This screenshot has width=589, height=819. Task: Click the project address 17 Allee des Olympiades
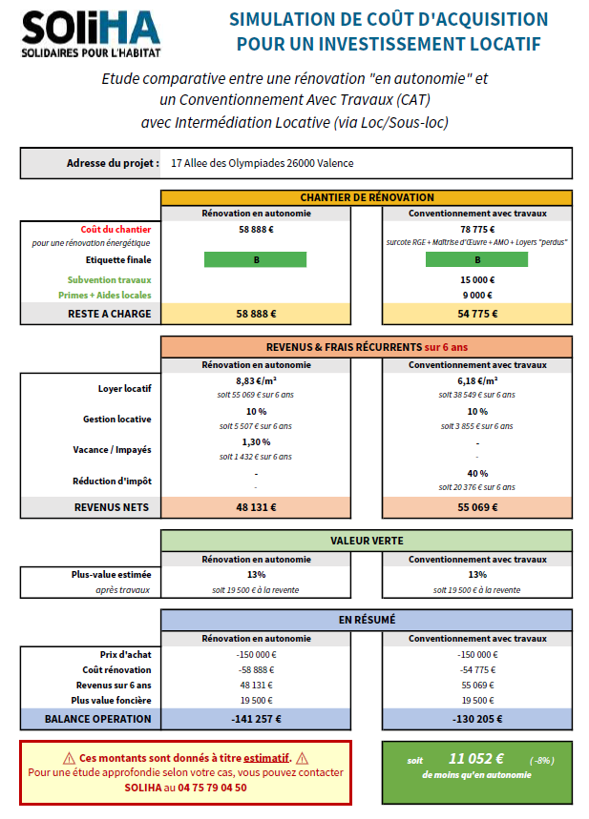tap(262, 163)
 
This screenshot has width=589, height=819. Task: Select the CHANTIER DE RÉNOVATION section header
tap(367, 197)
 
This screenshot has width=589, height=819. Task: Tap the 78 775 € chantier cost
tap(477, 229)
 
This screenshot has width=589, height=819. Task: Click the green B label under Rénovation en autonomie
tap(255, 259)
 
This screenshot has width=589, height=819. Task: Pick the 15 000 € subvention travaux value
tap(477, 280)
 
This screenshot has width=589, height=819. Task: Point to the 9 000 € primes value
tap(477, 296)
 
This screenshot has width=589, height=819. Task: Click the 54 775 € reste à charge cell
tap(477, 313)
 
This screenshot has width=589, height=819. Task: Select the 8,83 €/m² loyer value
tap(256, 380)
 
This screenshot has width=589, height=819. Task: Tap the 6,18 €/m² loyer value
tap(477, 380)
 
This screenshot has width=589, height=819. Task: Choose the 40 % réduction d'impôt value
tap(477, 473)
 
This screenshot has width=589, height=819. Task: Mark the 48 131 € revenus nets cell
tap(256, 507)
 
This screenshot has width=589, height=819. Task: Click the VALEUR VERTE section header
tap(367, 541)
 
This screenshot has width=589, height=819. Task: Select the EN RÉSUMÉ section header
tap(367, 620)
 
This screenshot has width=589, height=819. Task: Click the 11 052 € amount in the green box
tap(476, 759)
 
